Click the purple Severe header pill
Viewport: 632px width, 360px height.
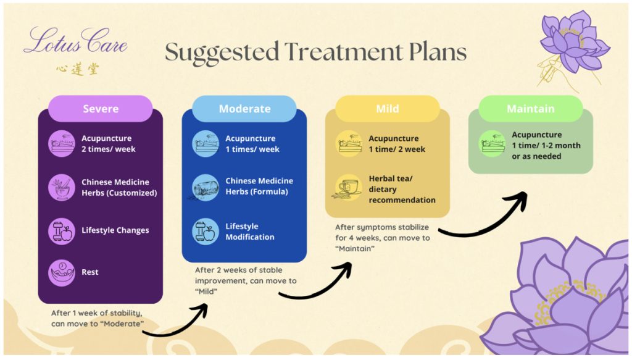101,109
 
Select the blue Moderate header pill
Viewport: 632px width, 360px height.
244,109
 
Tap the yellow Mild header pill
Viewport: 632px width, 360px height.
387,109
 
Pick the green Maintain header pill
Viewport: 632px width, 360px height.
530,109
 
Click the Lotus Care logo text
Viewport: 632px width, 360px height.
75,42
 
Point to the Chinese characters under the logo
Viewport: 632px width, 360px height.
77,69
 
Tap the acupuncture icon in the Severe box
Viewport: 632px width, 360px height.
61,143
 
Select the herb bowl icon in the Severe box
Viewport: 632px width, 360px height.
61,187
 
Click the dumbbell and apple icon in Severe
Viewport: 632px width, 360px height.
61,230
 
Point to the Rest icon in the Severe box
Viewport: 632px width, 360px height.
61,272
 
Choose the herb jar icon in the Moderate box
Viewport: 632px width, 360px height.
205,186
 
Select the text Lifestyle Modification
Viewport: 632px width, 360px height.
250,232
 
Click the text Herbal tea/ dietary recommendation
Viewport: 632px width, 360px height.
402,189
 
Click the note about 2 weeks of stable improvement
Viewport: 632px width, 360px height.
246,280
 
